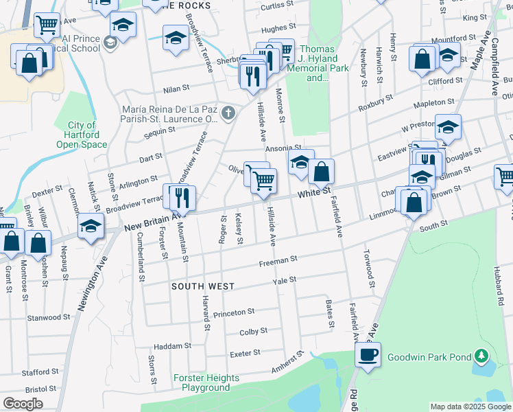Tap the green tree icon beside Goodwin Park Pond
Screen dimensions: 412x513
coord(483,356)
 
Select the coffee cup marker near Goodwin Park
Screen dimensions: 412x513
coord(368,356)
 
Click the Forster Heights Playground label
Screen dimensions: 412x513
coord(206,382)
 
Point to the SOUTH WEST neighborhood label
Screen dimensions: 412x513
coord(203,286)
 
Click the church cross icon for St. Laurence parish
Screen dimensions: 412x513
coord(228,113)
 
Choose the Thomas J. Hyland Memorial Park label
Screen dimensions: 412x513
coord(318,63)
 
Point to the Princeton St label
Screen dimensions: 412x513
coord(234,313)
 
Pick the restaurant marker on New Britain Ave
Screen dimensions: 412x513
coord(182,198)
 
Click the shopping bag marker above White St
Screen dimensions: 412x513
coord(321,172)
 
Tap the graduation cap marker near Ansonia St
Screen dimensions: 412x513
coord(300,162)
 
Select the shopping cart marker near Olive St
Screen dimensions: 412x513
coord(264,181)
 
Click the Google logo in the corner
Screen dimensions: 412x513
coord(23,404)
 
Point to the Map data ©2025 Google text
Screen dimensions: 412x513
coord(470,407)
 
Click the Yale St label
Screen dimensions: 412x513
coord(284,280)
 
